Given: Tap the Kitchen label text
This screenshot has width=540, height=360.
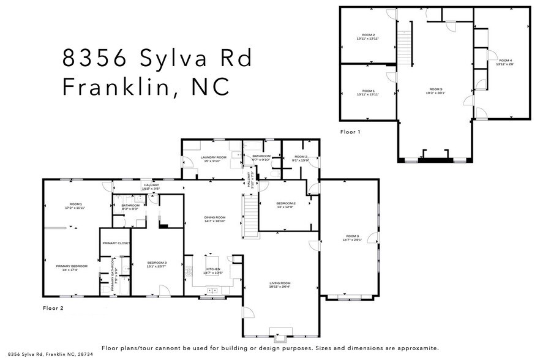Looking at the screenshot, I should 212,269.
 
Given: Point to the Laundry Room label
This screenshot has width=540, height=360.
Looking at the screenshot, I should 213,157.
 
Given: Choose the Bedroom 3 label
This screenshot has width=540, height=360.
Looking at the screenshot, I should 156,263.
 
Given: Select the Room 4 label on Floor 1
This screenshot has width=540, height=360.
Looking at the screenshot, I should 505,60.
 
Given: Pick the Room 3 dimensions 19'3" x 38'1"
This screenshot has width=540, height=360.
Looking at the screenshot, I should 436,94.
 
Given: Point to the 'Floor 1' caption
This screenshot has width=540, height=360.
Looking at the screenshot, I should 351,132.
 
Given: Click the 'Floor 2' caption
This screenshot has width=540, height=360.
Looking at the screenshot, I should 53,308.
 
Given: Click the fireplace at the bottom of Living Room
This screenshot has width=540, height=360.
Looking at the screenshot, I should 280,337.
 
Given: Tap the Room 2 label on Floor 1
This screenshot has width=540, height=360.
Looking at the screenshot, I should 368,35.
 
